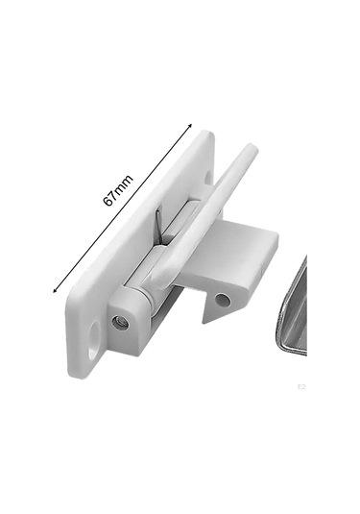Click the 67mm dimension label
[x=118, y=190]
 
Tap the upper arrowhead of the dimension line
[x=190, y=126]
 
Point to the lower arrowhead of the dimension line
[x=55, y=290]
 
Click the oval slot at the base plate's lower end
[x=93, y=337]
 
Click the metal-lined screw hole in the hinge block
[x=120, y=323]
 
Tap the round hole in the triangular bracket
[x=222, y=300]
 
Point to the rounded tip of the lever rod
[x=252, y=148]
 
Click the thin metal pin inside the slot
[x=158, y=223]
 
